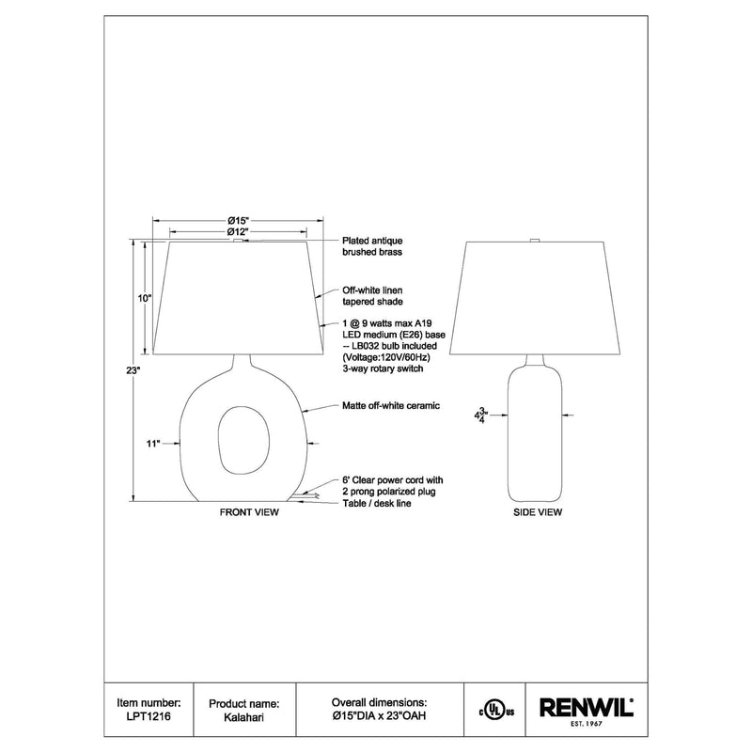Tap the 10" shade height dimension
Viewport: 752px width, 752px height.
144,297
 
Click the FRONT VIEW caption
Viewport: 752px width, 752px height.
249,514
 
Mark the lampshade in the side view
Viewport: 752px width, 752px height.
537,299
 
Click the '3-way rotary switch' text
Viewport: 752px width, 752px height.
384,370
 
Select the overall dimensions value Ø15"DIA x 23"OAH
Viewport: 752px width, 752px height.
380,714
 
